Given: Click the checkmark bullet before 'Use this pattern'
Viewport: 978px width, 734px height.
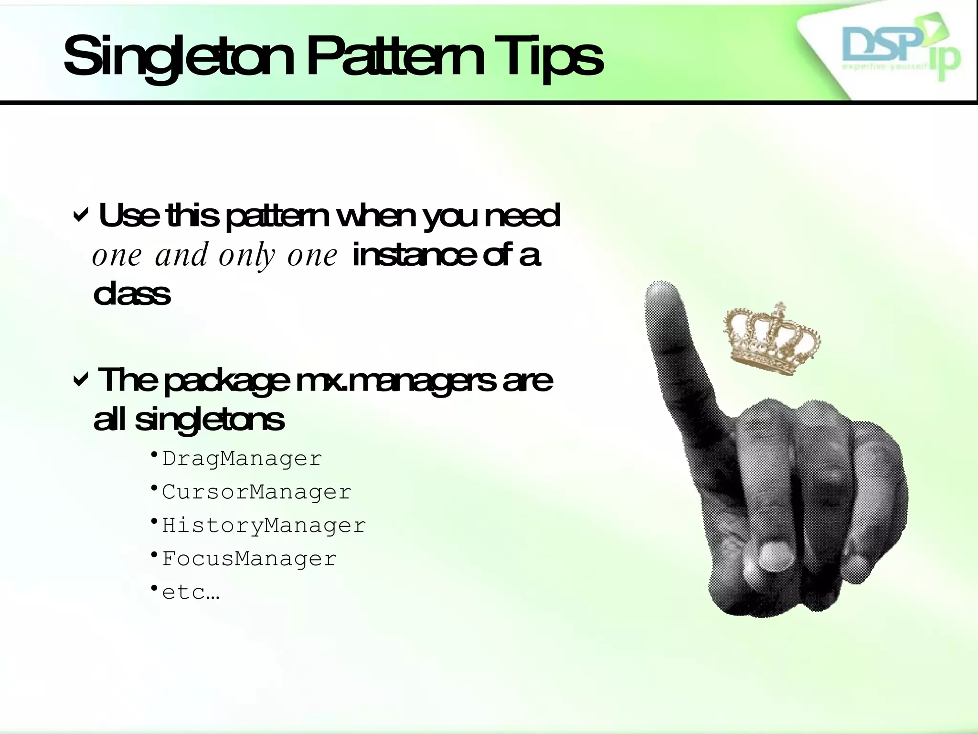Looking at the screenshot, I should coord(80,216).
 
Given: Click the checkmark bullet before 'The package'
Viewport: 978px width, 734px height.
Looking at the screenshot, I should coord(80,380).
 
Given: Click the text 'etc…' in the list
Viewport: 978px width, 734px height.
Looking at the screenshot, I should coord(191,593).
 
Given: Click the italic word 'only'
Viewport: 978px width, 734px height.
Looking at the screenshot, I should coord(247,256).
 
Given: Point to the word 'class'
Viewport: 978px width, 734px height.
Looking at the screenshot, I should coord(132,293).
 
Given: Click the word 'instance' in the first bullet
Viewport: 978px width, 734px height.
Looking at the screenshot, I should coord(414,256).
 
